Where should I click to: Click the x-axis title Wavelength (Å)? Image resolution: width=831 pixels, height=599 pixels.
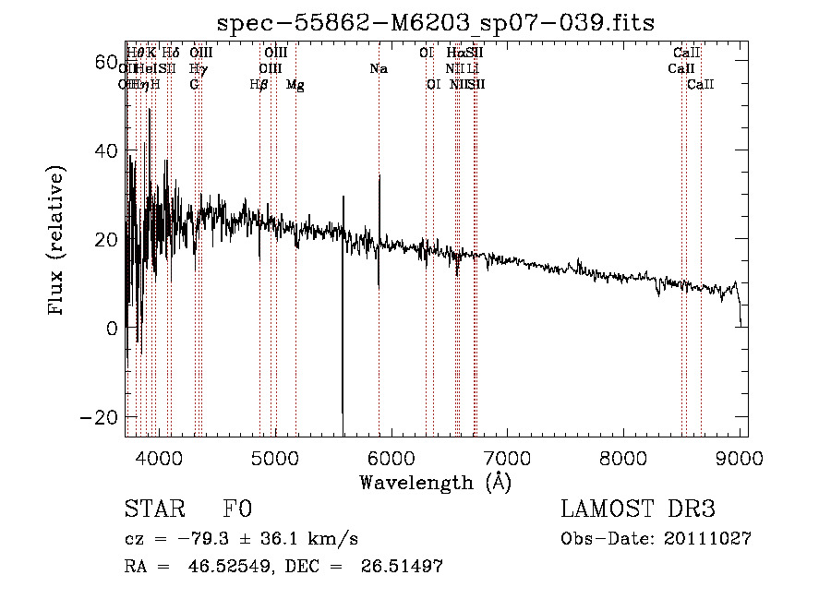436,482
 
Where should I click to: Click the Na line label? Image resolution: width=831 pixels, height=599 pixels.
379,69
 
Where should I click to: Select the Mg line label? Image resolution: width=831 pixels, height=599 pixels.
295,85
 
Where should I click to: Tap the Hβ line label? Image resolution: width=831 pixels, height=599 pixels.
259,85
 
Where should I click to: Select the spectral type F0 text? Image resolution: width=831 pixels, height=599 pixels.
237,510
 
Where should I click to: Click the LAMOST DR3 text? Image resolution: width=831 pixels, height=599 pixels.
638,510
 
